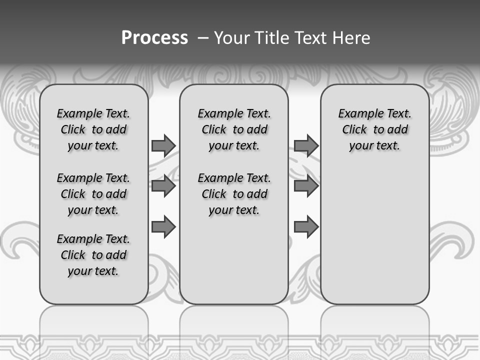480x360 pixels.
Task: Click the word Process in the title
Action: (x=154, y=37)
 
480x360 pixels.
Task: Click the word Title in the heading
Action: (x=269, y=38)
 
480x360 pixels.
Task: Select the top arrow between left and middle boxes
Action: (x=163, y=146)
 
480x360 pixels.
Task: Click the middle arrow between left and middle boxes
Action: (x=163, y=186)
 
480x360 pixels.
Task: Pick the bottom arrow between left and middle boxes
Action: (x=163, y=227)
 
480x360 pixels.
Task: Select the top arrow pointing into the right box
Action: (x=306, y=146)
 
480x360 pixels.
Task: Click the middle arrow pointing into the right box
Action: (x=306, y=186)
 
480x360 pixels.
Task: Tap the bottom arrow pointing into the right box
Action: (x=306, y=227)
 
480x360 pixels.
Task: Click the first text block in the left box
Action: (x=93, y=129)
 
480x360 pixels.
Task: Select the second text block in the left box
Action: (x=93, y=194)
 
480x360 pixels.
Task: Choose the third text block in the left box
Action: (x=93, y=255)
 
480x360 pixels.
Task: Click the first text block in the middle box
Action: (x=234, y=129)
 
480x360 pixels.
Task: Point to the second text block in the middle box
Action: (x=234, y=194)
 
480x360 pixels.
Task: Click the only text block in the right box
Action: (x=375, y=129)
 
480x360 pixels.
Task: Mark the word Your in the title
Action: (x=231, y=38)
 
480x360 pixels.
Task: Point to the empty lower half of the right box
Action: (x=375, y=240)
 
